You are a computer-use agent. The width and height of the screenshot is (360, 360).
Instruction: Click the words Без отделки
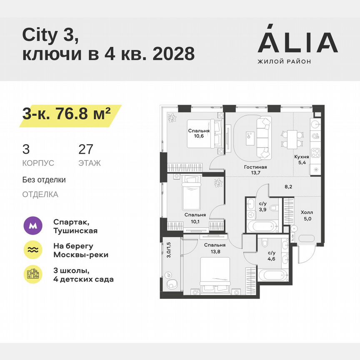(44, 180)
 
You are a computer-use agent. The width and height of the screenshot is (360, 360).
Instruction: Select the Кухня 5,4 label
(301, 160)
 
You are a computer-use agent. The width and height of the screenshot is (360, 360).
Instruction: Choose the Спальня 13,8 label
(215, 248)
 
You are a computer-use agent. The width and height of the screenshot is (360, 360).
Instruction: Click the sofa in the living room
(264, 138)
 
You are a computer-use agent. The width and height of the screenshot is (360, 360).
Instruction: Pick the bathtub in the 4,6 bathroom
(272, 276)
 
